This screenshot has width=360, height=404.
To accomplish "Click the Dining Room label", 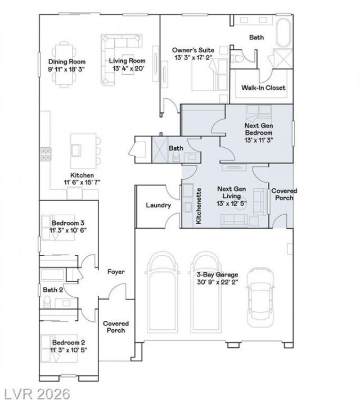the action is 67,62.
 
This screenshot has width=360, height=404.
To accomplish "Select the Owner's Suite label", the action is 193,50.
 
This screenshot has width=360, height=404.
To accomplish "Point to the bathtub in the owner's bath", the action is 283,33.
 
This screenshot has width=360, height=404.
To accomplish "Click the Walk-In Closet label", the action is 263,88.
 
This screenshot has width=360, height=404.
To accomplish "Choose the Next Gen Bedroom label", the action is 259,129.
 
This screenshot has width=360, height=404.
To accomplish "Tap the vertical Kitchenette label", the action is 199,206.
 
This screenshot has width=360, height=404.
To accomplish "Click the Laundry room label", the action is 158,205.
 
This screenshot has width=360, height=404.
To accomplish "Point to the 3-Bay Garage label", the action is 217,275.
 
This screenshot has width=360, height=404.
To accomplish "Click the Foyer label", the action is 116,272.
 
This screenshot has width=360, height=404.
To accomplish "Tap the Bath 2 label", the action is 53,290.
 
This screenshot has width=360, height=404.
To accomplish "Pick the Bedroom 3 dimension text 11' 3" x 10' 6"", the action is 68,230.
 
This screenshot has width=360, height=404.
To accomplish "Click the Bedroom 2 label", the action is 68,343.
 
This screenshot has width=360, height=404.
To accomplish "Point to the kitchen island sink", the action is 76,150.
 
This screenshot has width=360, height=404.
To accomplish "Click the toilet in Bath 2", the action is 47,302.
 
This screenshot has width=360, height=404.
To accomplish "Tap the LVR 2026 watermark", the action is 37,394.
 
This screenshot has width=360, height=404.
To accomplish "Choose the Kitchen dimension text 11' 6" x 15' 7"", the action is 82,183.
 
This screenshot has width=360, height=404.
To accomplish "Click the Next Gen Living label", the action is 231,193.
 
